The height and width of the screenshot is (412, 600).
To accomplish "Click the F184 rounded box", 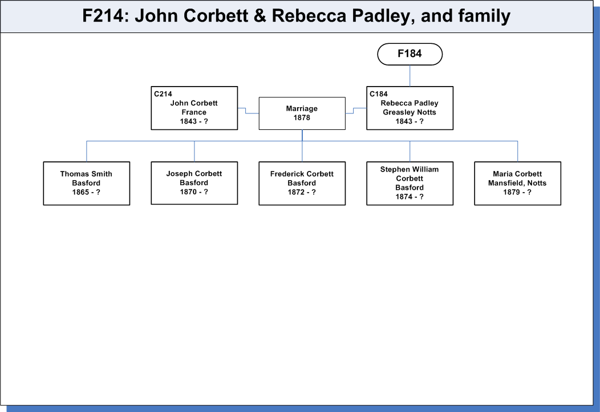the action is click(410, 54).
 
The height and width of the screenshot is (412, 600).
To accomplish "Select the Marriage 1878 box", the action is click(302, 113).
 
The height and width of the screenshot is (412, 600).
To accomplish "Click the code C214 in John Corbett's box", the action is click(163, 94).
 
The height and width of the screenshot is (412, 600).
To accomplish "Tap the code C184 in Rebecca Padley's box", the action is click(379, 94).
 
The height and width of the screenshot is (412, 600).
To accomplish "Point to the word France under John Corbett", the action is click(194, 112).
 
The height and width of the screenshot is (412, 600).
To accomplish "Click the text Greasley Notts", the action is click(410, 112).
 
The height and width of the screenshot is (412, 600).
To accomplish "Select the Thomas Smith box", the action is click(87, 183).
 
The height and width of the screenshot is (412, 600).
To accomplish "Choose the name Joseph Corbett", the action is click(194, 174).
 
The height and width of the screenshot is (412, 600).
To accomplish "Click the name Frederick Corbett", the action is click(302, 174).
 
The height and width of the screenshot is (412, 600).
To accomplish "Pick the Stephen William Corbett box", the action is click(410, 183).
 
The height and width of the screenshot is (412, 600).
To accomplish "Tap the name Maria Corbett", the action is click(517, 174).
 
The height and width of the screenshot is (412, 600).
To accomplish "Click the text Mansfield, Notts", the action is click(517, 183).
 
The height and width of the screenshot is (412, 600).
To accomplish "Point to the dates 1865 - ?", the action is click(86, 192).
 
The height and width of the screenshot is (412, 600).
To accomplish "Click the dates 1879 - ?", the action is click(517, 192).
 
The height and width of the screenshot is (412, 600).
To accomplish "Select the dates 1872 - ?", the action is click(302, 192).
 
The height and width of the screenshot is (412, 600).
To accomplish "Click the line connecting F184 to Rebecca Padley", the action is click(410, 76).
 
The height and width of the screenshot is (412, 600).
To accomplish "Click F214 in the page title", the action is click(103, 16).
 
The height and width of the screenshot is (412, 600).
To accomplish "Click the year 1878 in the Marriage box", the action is click(302, 118).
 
